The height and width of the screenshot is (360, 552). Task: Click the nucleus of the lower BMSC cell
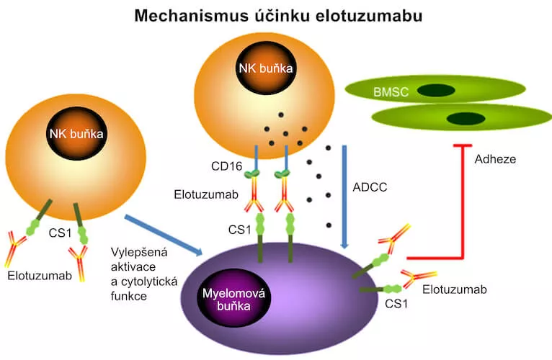click(463, 118)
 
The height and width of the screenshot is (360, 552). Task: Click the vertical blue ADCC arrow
click(344, 194)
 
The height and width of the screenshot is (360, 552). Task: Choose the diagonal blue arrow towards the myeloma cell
click(162, 233)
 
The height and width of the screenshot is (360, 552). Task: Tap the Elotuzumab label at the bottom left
click(38, 275)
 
